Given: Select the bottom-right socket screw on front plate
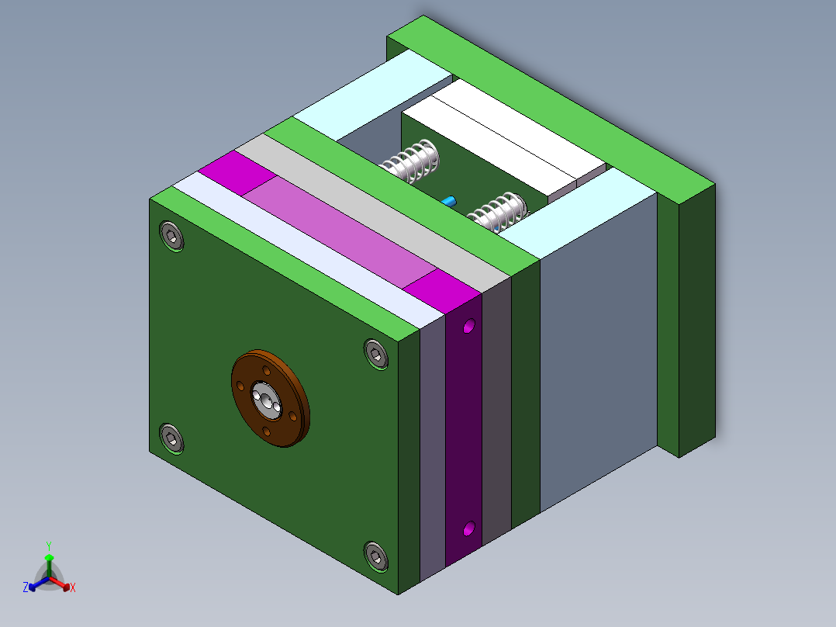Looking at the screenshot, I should click(376, 556).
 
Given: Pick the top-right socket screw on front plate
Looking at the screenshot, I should click(376, 353).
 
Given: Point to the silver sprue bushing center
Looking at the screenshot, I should click(265, 400).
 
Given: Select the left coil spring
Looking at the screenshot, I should click(413, 160).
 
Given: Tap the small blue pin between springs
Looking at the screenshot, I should click(449, 201).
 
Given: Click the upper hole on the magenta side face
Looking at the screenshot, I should click(468, 327).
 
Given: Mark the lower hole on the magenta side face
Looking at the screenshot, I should click(468, 529).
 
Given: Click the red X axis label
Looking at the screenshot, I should click(72, 588).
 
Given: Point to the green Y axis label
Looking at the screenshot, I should click(48, 546).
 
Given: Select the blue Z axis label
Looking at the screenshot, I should click(26, 588).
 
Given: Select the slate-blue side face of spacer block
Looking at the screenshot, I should click(597, 349).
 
